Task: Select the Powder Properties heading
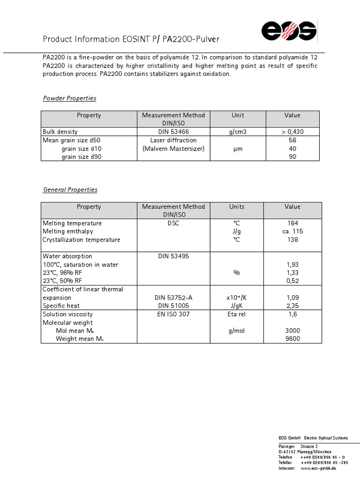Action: (x=69, y=98)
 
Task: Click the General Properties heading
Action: (x=70, y=190)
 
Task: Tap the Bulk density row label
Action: (x=60, y=132)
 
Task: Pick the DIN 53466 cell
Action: (x=173, y=132)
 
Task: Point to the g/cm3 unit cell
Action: (x=238, y=132)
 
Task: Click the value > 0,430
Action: (x=292, y=132)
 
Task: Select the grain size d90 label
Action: (x=81, y=157)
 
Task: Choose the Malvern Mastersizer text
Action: (x=173, y=149)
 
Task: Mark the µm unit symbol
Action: (x=238, y=149)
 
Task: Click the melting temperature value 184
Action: (x=292, y=223)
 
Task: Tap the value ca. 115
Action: (x=292, y=232)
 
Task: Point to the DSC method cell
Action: (x=173, y=223)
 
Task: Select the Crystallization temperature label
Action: (x=81, y=240)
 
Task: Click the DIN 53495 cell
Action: (x=173, y=256)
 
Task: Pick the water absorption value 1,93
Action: (x=292, y=265)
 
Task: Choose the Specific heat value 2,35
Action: (x=292, y=306)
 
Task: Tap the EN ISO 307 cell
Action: (x=173, y=314)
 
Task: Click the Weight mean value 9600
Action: (x=292, y=339)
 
